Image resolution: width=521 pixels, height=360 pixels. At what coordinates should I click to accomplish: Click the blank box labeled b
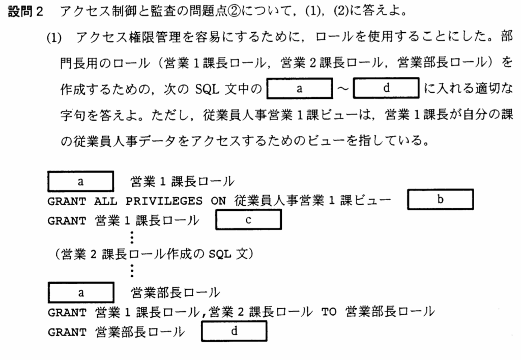click(441, 200)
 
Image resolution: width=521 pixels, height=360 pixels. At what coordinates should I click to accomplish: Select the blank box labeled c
click(249, 220)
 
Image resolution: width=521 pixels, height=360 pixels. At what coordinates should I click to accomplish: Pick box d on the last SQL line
click(235, 331)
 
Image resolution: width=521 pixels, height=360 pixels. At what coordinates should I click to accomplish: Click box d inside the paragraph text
click(386, 88)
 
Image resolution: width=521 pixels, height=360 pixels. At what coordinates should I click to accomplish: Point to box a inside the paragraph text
click(300, 88)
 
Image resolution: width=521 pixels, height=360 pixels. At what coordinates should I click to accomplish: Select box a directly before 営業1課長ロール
click(80, 180)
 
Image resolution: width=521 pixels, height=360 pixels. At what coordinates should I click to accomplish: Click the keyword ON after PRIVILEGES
click(218, 201)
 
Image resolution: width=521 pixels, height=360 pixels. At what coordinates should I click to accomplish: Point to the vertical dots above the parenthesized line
click(132, 237)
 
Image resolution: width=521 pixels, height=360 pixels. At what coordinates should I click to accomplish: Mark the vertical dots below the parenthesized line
click(132, 270)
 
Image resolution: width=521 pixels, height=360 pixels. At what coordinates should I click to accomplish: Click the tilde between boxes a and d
click(342, 89)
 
